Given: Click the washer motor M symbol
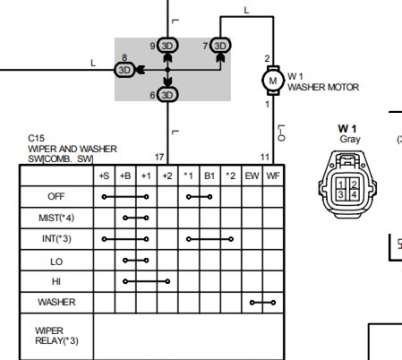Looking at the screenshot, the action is pyautogui.click(x=273, y=81).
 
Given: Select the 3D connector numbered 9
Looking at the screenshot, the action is pyautogui.click(x=167, y=46).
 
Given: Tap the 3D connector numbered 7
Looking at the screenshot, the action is pyautogui.click(x=220, y=46).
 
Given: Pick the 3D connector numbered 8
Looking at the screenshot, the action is pyautogui.click(x=124, y=70).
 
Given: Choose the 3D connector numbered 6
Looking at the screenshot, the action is pyautogui.click(x=167, y=95).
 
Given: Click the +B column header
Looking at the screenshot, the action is pyautogui.click(x=125, y=176).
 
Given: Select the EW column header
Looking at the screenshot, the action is pyautogui.click(x=252, y=176).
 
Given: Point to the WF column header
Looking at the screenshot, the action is pyautogui.click(x=273, y=176).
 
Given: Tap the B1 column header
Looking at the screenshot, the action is pyautogui.click(x=210, y=176).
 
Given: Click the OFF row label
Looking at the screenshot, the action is pyautogui.click(x=56, y=196).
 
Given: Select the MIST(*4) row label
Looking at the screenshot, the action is pyautogui.click(x=56, y=218).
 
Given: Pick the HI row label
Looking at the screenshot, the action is pyautogui.click(x=56, y=281).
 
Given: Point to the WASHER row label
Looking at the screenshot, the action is pyautogui.click(x=56, y=302).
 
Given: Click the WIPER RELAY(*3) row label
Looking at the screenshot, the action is pyautogui.click(x=56, y=336).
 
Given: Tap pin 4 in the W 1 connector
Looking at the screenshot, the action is pyautogui.click(x=354, y=194).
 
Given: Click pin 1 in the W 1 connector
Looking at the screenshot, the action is pyautogui.click(x=341, y=184).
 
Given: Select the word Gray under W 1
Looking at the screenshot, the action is pyautogui.click(x=350, y=139).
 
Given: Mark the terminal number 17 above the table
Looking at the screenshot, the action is pyautogui.click(x=159, y=157).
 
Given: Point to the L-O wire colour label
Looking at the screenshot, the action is pyautogui.click(x=281, y=133).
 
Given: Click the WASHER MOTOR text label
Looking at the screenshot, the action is pyautogui.click(x=323, y=87).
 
